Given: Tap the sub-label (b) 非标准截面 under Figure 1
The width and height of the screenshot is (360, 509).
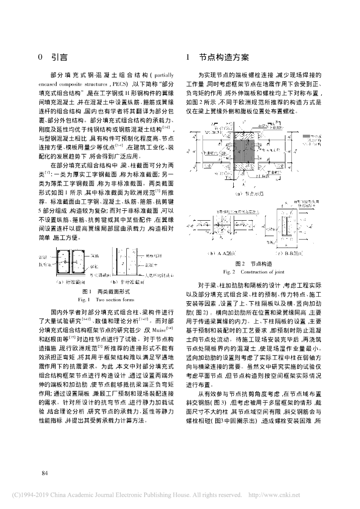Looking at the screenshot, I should point(126,282).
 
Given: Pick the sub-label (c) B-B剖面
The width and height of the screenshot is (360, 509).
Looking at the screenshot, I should point(293,254).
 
